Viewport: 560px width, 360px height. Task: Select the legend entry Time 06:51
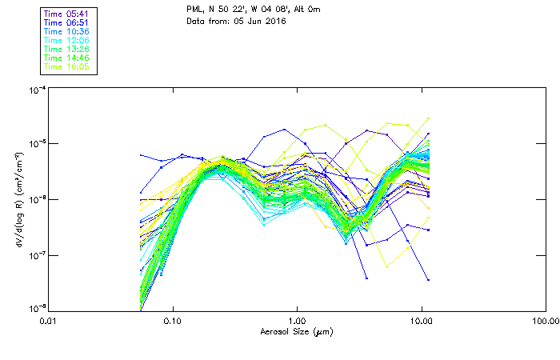click(68, 23)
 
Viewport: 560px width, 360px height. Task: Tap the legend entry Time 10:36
click(68, 32)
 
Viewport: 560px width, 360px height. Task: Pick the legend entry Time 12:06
click(68, 41)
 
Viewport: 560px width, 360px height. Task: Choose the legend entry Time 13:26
click(68, 50)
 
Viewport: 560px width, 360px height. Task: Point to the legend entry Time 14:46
click(68, 58)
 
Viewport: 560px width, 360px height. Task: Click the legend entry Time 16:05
click(68, 67)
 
